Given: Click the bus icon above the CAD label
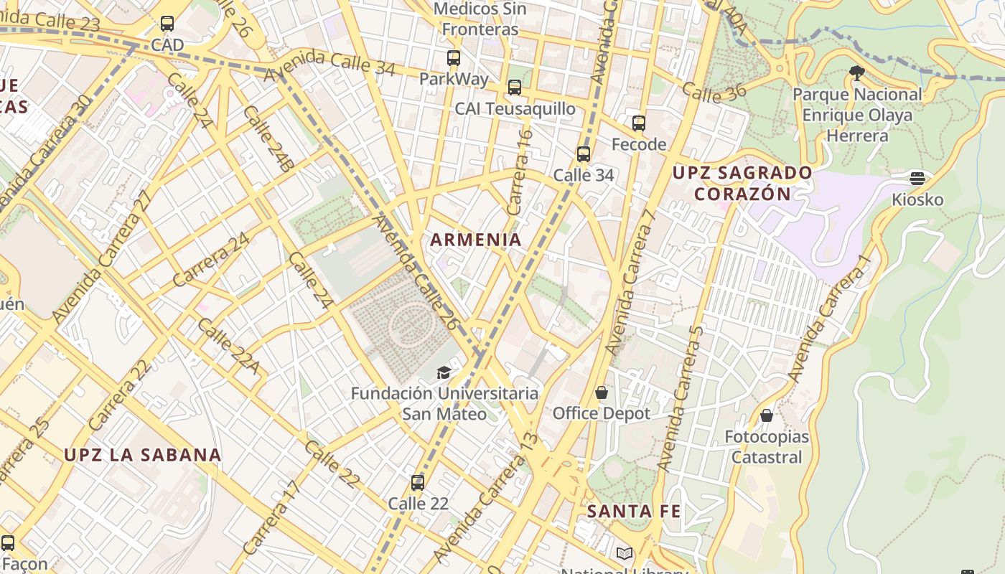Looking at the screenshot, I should point(167,24).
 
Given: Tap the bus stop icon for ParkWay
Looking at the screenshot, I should point(453,58).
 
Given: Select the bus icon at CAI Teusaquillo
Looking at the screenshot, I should point(515,88).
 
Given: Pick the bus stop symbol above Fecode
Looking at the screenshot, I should point(639,123).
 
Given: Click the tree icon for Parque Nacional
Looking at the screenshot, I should point(856,72).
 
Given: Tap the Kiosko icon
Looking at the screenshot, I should point(917,178).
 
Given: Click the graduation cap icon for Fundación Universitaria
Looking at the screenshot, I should point(444,372).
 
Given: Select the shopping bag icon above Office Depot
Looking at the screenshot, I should point(602,392).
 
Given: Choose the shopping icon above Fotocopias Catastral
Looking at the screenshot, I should point(767,415).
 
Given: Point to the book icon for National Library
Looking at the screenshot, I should point(624,553).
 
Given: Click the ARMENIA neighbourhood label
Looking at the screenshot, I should point(476,240).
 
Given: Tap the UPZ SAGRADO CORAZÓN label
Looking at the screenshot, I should point(742,183).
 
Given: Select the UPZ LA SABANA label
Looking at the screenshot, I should point(143,455).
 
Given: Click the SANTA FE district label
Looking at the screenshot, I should point(634,512).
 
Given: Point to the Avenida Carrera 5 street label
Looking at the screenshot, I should point(678,398).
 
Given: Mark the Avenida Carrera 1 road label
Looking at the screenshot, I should point(829,319).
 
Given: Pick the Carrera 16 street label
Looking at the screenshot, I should point(520,171).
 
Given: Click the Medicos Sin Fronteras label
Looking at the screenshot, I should point(480,19).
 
